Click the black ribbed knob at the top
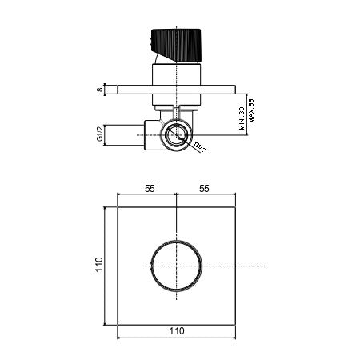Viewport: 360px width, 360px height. tap(176, 44)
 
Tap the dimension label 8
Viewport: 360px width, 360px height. tap(99, 90)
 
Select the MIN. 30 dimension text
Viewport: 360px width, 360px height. tap(242, 118)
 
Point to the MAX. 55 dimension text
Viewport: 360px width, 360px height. tap(251, 110)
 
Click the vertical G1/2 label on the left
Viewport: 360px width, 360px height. tap(100, 134)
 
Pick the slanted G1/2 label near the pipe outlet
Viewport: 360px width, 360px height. tap(199, 147)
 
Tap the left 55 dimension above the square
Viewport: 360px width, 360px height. tap(150, 189)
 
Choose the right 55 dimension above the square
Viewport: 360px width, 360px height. tap(204, 189)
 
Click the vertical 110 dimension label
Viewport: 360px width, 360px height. tap(99, 265)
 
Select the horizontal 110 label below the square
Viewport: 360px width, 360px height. tap(177, 331)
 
